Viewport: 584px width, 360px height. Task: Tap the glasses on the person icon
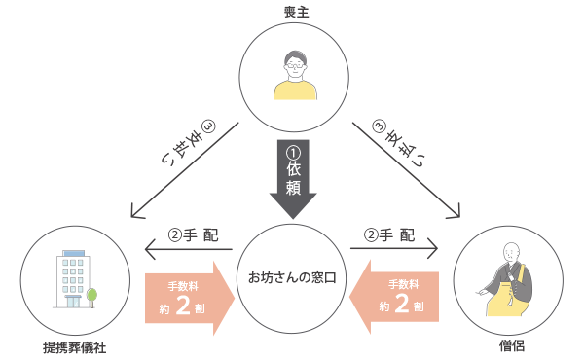[296, 66]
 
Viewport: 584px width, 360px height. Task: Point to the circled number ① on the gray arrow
[293, 152]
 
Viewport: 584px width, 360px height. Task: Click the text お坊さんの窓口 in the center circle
[293, 280]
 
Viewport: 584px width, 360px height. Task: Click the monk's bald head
[509, 251]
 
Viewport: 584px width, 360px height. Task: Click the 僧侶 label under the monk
[508, 345]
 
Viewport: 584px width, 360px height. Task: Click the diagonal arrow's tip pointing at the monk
[455, 215]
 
